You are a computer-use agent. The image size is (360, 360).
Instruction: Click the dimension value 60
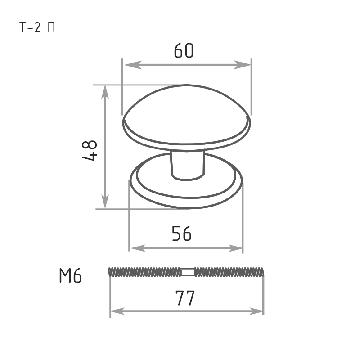pos(184,50)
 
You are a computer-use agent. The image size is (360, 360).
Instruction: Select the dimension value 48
pos(90,150)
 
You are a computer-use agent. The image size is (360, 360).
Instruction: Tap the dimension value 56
pos(181,234)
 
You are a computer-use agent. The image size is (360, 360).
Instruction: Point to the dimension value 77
pos(185,298)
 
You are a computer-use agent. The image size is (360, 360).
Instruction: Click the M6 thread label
pos(71,275)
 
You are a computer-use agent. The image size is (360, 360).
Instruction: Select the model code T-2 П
pos(37,27)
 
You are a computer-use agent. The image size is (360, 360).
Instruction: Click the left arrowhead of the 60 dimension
pos(133,65)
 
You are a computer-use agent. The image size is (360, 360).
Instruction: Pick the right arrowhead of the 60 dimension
pos(242,65)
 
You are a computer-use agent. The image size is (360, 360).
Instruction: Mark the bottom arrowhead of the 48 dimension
pos(105,199)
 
